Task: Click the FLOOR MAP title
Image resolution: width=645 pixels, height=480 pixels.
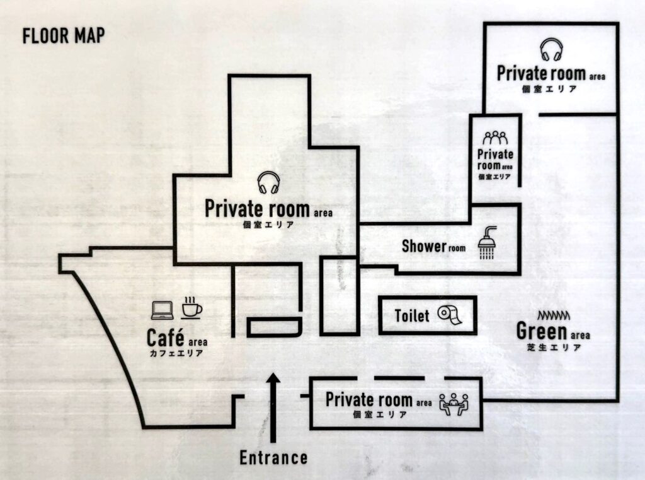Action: click(x=64, y=36)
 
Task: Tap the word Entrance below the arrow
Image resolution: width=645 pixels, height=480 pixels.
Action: click(x=273, y=458)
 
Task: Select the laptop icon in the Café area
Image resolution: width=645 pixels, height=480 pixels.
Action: click(x=163, y=310)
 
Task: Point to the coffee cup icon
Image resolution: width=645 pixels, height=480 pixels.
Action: click(x=191, y=308)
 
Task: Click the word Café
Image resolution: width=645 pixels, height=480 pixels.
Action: click(x=166, y=338)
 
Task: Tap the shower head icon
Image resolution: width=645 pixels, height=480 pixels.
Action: click(x=488, y=242)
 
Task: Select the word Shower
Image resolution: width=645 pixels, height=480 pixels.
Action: click(x=424, y=246)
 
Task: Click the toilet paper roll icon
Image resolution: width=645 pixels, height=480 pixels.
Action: click(x=450, y=315)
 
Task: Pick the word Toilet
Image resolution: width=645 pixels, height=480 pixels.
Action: click(x=412, y=315)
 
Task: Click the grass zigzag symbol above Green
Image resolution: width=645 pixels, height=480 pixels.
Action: click(x=554, y=315)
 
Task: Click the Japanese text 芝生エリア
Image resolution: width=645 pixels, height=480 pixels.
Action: click(x=554, y=348)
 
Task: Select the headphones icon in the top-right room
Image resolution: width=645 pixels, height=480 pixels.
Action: click(x=551, y=50)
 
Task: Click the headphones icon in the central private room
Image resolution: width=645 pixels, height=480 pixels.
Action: click(x=268, y=182)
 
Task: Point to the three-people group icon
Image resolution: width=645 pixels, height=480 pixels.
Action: click(x=495, y=138)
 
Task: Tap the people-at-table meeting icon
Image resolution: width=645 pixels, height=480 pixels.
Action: click(x=454, y=404)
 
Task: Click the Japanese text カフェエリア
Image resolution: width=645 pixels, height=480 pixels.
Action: click(x=176, y=353)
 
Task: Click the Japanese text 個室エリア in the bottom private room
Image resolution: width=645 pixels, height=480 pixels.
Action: click(x=380, y=414)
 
